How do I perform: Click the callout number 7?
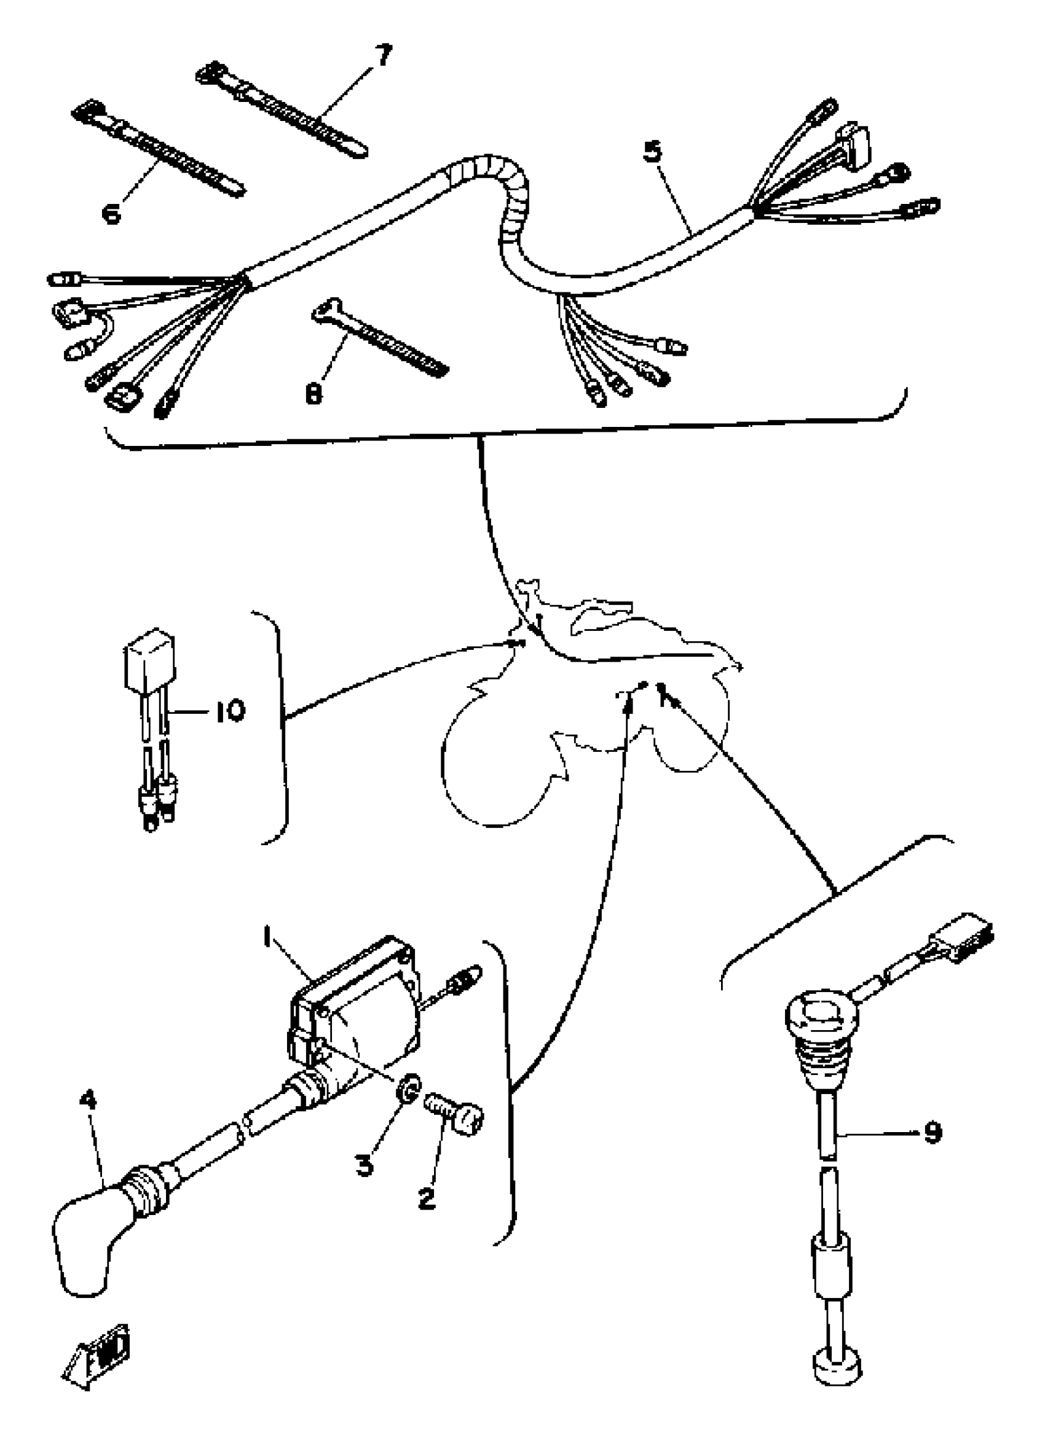tap(382, 56)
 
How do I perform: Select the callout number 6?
tap(112, 214)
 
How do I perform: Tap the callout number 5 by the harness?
tap(653, 152)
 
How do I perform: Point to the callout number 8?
tap(313, 394)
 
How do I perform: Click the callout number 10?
tap(229, 711)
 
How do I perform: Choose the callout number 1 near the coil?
tap(268, 936)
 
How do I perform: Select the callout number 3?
tap(364, 1165)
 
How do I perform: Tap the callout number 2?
tap(427, 1198)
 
